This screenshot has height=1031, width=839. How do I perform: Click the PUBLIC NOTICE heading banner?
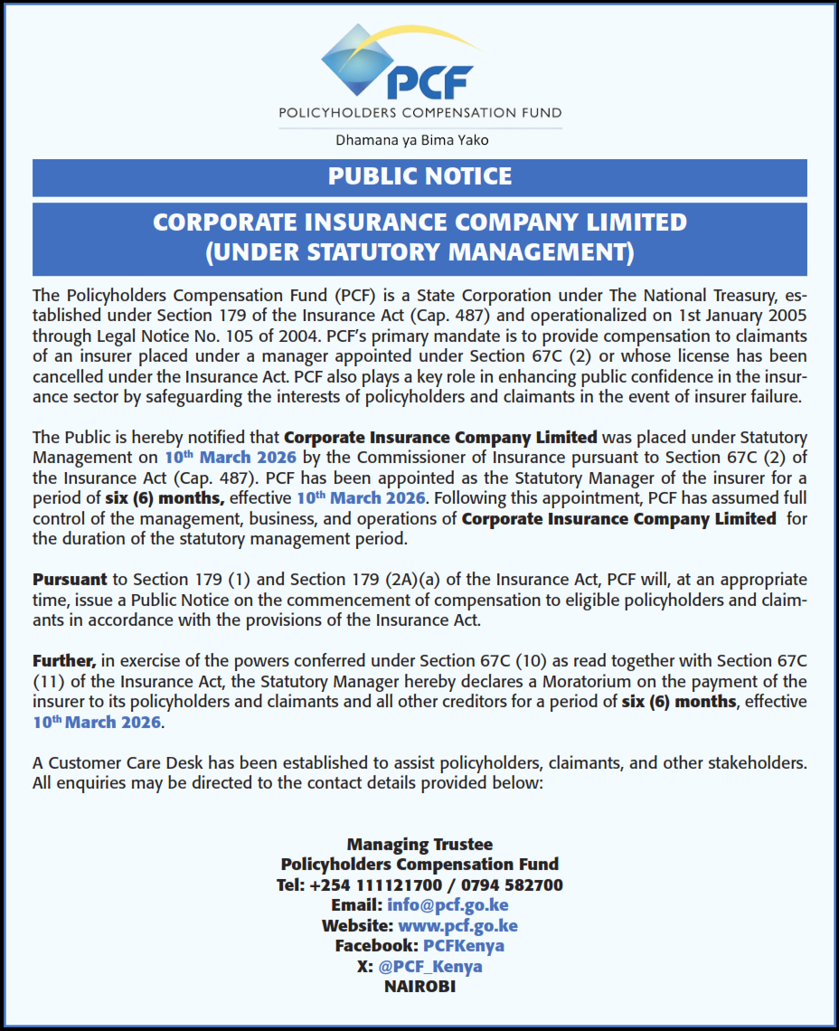[419, 176]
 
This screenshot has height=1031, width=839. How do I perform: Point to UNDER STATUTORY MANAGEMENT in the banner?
[419, 251]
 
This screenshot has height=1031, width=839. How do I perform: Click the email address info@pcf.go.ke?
[448, 905]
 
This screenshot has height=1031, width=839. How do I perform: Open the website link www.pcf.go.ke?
[457, 926]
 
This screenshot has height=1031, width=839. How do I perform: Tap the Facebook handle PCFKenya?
[464, 946]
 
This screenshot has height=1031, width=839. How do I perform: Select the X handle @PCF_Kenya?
[430, 966]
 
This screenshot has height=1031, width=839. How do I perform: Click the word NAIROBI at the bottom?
[419, 987]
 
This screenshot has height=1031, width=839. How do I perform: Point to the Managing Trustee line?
[419, 845]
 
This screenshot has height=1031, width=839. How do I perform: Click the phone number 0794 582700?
[511, 885]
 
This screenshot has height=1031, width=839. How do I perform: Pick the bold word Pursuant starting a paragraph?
[70, 579]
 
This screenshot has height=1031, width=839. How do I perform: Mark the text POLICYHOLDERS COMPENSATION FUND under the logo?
[419, 113]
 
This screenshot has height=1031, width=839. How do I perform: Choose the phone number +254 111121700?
[374, 885]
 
